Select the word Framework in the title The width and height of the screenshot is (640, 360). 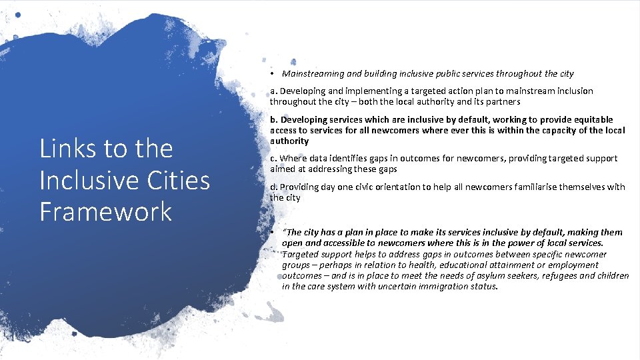pyautogui.click(x=106, y=211)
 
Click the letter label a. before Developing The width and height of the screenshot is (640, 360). pyautogui.click(x=274, y=91)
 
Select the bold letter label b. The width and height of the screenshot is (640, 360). pyautogui.click(x=274, y=120)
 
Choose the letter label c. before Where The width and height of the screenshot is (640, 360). pyautogui.click(x=274, y=159)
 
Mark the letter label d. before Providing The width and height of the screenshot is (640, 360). pyautogui.click(x=274, y=187)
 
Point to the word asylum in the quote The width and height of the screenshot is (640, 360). pyautogui.click(x=476, y=276)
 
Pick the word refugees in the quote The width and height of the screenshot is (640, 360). pyautogui.click(x=543, y=276)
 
